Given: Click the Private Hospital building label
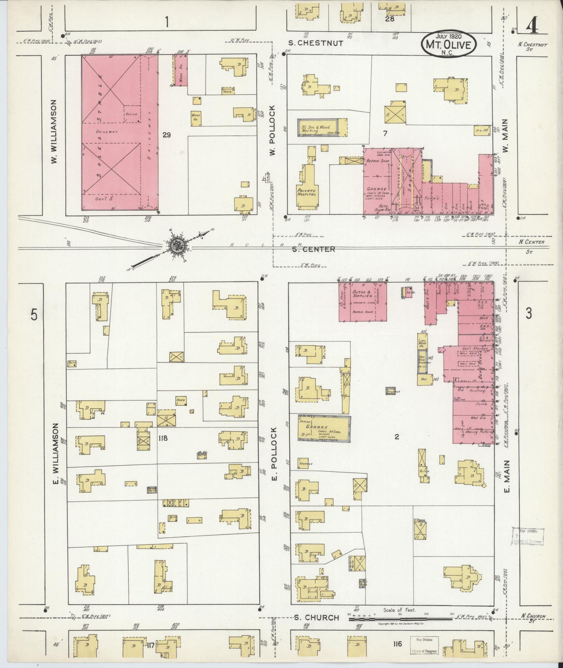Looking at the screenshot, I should (306, 192).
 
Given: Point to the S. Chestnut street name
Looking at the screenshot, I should (316, 43).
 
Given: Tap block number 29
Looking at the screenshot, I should (166, 135).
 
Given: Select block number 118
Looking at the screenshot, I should (163, 438).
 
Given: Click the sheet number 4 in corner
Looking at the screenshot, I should (531, 27).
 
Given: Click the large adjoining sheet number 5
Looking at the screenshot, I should (34, 315).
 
